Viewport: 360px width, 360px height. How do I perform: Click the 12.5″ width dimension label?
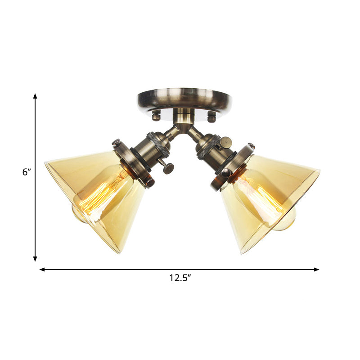[x=180, y=278]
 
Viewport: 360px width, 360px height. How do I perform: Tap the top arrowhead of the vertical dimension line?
[x=35, y=96]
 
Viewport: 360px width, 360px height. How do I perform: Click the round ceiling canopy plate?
[x=184, y=99]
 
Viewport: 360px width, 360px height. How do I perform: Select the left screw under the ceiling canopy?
[x=156, y=116]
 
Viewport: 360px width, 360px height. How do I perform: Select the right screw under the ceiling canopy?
[x=211, y=117]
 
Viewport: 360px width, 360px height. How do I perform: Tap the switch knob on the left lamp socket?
[x=169, y=168]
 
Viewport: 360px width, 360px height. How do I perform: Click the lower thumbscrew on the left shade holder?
[x=149, y=182]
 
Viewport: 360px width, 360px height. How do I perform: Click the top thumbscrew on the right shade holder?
[x=250, y=146]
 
